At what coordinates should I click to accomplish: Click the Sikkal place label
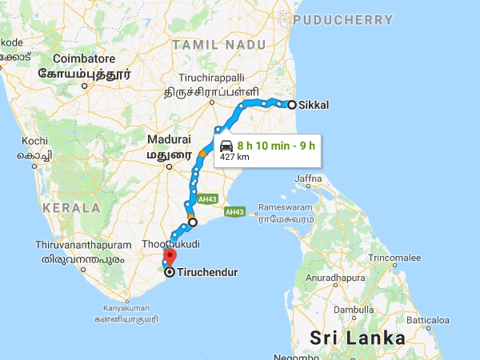(x=313, y=105)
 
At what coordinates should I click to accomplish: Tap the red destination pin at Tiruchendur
(x=169, y=258)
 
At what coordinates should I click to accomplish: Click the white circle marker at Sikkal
(x=292, y=105)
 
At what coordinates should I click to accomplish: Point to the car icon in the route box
(x=226, y=146)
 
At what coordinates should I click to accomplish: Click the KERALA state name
(x=72, y=207)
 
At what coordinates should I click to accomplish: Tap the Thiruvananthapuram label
(x=82, y=243)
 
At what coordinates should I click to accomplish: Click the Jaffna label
(x=309, y=178)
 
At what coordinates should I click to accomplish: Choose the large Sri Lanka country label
(x=358, y=337)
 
